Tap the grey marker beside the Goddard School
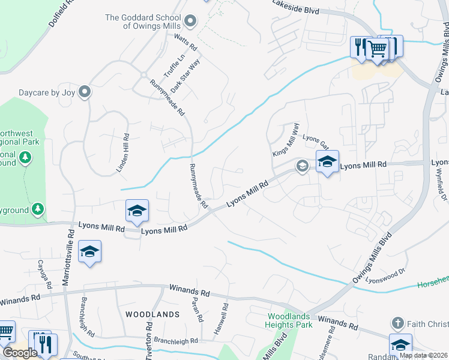[191, 22]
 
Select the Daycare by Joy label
[47, 92]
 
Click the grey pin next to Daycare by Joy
[85, 92]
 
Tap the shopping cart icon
[378, 49]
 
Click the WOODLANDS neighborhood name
[152, 314]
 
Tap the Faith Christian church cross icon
[397, 323]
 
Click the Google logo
[20, 353]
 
